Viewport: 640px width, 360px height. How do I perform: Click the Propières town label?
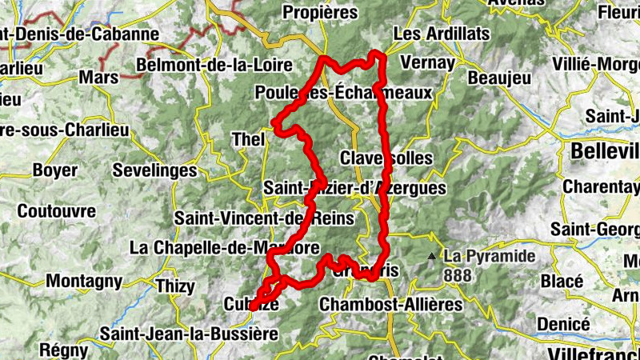click(x=320, y=12)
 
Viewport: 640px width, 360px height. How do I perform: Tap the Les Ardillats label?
click(x=430, y=35)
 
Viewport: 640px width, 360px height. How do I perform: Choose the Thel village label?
click(x=246, y=139)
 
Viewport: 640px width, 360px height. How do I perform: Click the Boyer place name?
click(x=55, y=170)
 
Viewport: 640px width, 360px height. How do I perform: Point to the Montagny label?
click(x=84, y=281)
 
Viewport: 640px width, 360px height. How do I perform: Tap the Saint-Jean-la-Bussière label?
click(x=189, y=333)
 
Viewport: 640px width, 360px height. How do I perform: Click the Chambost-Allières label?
click(x=390, y=304)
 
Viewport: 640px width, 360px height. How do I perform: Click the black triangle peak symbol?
click(x=432, y=257)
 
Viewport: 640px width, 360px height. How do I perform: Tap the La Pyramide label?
click(x=489, y=257)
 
